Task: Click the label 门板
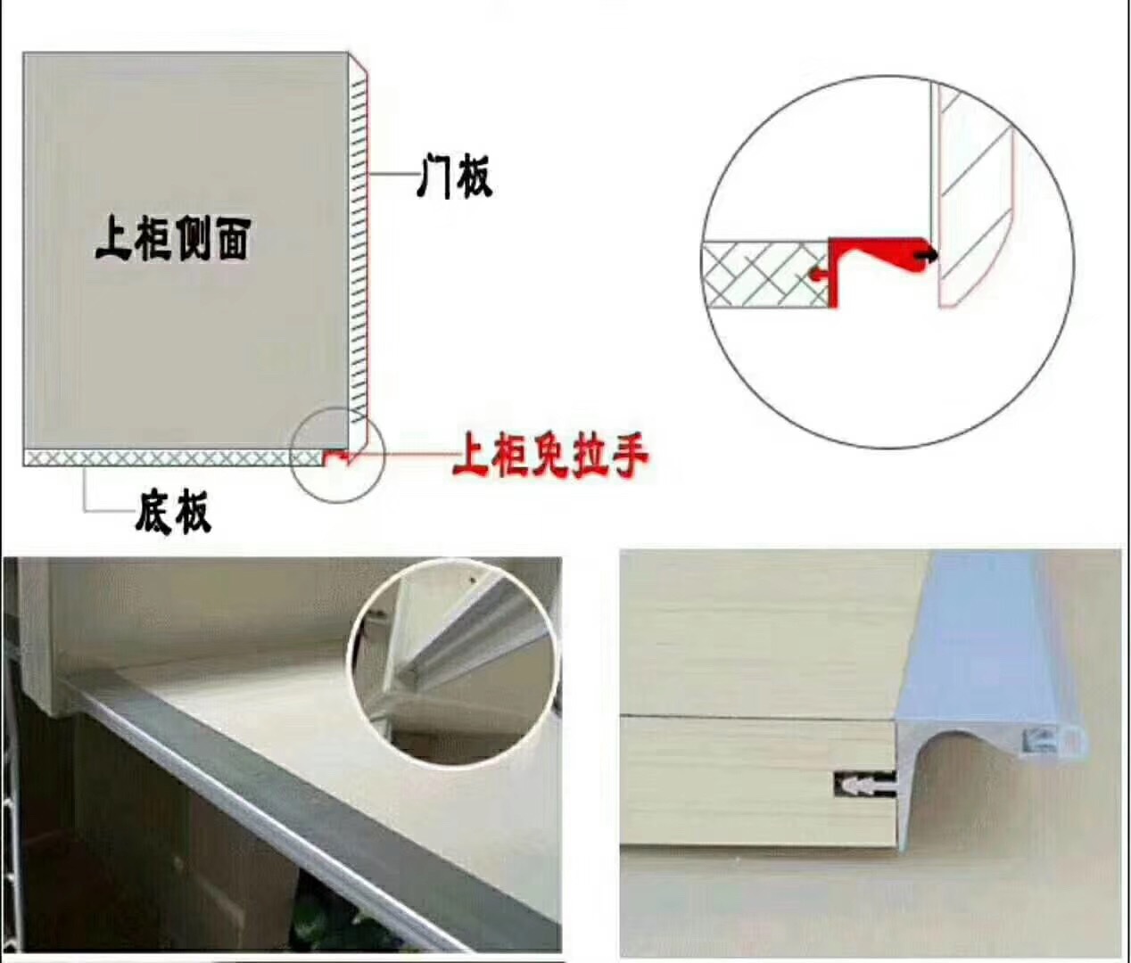click(455, 176)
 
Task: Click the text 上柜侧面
click(173, 239)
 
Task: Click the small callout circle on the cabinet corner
click(337, 453)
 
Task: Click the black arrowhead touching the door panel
click(929, 257)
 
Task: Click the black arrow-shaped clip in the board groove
click(862, 786)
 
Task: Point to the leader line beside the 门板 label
click(392, 176)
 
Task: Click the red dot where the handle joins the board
click(813, 275)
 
